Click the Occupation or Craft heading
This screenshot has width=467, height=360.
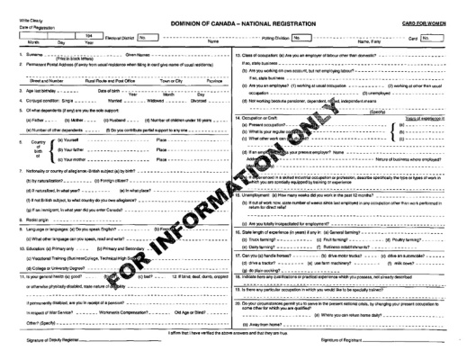[x=267, y=118]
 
